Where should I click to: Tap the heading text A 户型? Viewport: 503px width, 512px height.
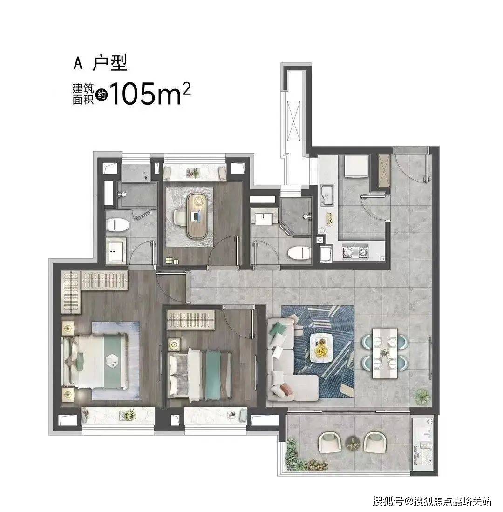click(x=100, y=63)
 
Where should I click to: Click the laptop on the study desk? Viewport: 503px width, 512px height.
click(x=196, y=216)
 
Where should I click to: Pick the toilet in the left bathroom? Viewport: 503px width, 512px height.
click(x=117, y=225)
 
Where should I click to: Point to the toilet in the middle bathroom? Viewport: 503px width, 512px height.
click(x=299, y=253)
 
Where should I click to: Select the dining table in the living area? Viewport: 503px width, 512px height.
click(x=385, y=353)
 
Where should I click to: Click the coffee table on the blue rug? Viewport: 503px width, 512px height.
click(x=321, y=347)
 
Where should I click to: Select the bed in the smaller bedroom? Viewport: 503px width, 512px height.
click(x=200, y=375)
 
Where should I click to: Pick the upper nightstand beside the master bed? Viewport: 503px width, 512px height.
click(x=68, y=328)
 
